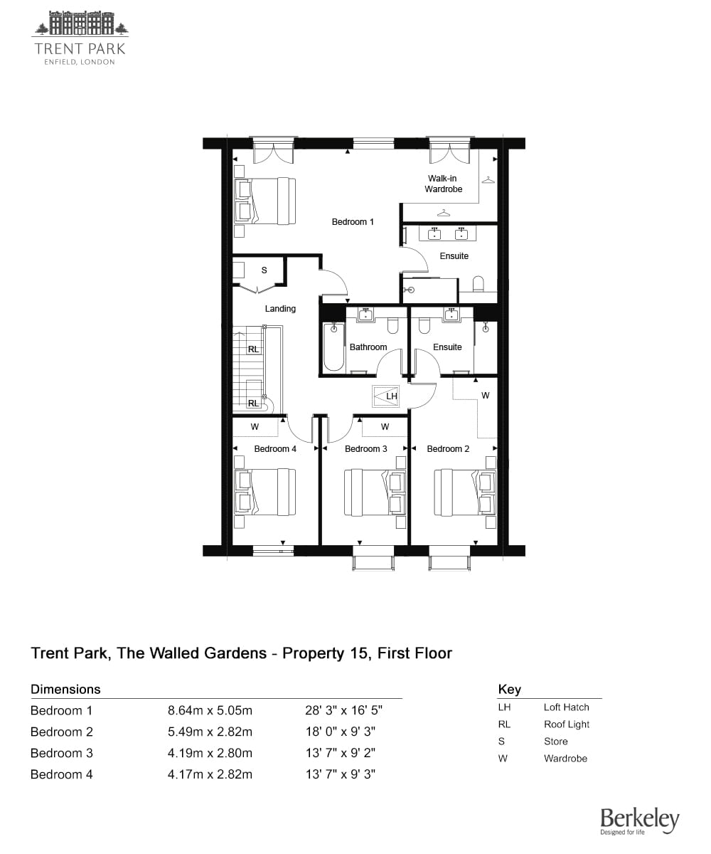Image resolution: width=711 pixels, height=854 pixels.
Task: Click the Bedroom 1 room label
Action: click(x=352, y=221)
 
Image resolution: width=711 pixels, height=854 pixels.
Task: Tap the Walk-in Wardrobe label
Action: click(x=443, y=184)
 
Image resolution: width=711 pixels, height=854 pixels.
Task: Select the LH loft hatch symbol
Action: click(x=385, y=396)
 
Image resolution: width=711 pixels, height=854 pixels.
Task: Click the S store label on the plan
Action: click(x=264, y=270)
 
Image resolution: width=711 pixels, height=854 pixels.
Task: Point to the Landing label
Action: click(x=280, y=308)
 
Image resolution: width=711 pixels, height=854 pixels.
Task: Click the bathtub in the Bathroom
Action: click(x=333, y=347)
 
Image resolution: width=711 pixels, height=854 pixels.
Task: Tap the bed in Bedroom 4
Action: click(x=264, y=492)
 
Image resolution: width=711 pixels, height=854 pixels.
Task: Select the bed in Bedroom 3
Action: click(x=375, y=492)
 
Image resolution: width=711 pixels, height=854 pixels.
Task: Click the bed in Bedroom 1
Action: click(x=264, y=201)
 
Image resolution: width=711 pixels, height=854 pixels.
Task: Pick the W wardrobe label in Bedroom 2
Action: click(x=485, y=396)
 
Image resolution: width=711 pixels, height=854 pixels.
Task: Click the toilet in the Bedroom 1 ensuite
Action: click(x=478, y=285)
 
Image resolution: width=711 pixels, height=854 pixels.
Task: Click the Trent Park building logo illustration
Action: click(x=80, y=23)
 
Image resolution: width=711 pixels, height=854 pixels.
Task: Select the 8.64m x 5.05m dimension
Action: click(x=210, y=710)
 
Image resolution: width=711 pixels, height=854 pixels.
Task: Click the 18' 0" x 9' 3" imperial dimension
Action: click(x=341, y=732)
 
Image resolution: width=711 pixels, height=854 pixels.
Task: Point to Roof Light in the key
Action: click(x=567, y=724)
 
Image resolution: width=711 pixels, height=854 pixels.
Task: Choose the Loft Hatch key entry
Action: click(x=567, y=707)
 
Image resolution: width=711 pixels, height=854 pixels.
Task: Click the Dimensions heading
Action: click(x=65, y=689)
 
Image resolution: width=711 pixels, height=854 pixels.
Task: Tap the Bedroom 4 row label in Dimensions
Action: click(x=62, y=774)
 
